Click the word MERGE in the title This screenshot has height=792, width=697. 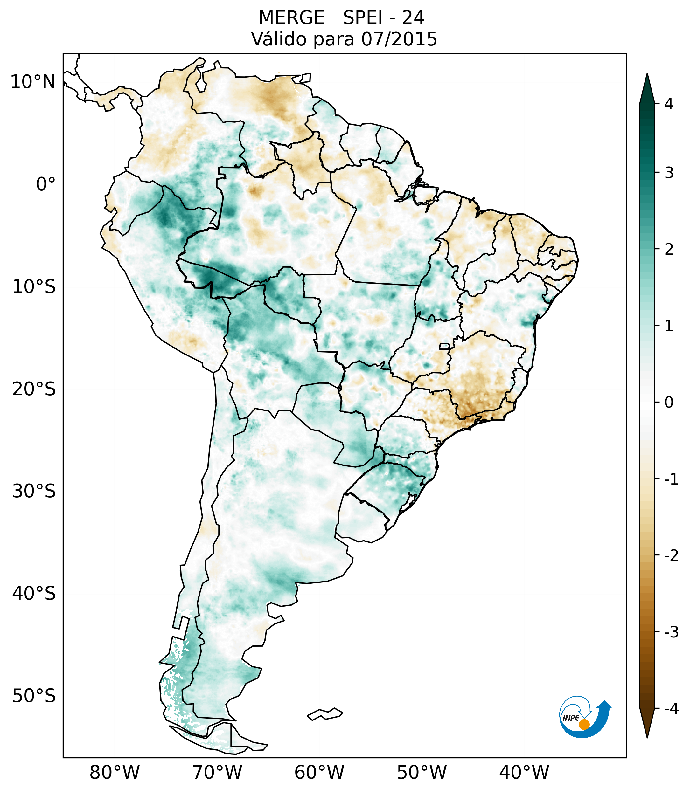click(291, 18)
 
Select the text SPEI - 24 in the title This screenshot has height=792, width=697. click(383, 18)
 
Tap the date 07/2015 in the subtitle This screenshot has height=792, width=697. click(399, 39)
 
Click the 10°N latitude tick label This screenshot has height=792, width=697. click(33, 82)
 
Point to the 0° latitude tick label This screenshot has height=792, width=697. click(46, 184)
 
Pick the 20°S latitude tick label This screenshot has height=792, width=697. click(34, 389)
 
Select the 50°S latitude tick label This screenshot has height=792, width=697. click(34, 696)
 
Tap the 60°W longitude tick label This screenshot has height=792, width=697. click(319, 772)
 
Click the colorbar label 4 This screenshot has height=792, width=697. click(669, 104)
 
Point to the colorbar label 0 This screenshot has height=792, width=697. click(669, 403)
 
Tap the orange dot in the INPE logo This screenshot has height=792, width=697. click(584, 724)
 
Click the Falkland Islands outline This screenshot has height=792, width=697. click(325, 714)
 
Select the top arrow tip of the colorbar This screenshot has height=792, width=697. click(647, 75)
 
